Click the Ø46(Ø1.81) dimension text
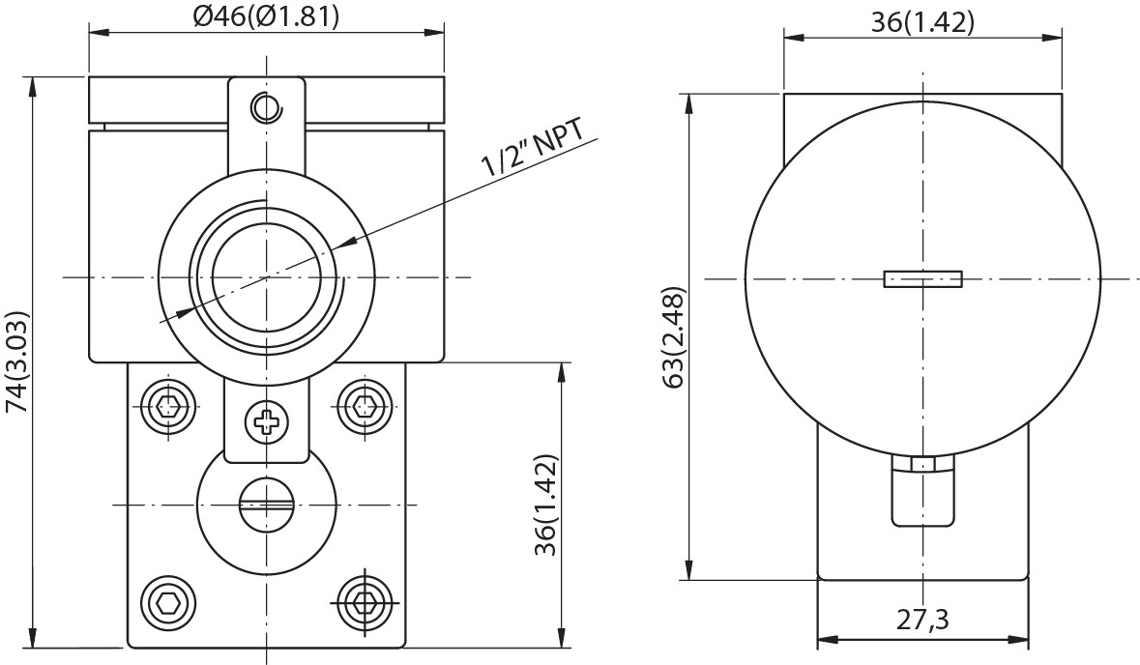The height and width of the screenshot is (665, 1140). click(x=266, y=15)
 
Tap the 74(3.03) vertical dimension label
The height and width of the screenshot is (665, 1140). click(x=17, y=361)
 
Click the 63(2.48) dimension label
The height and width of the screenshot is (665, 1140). click(x=673, y=336)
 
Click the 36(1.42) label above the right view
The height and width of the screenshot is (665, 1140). click(x=922, y=22)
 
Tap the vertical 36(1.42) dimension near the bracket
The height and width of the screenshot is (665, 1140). click(x=547, y=504)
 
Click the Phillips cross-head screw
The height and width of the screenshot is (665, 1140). click(x=265, y=421)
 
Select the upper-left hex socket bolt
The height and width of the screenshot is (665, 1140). click(x=170, y=407)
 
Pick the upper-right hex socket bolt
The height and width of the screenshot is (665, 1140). click(x=364, y=407)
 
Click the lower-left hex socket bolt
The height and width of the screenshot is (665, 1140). click(x=168, y=605)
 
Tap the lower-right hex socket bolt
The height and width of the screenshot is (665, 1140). click(x=364, y=605)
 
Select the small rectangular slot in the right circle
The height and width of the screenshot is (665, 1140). click(x=922, y=279)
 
